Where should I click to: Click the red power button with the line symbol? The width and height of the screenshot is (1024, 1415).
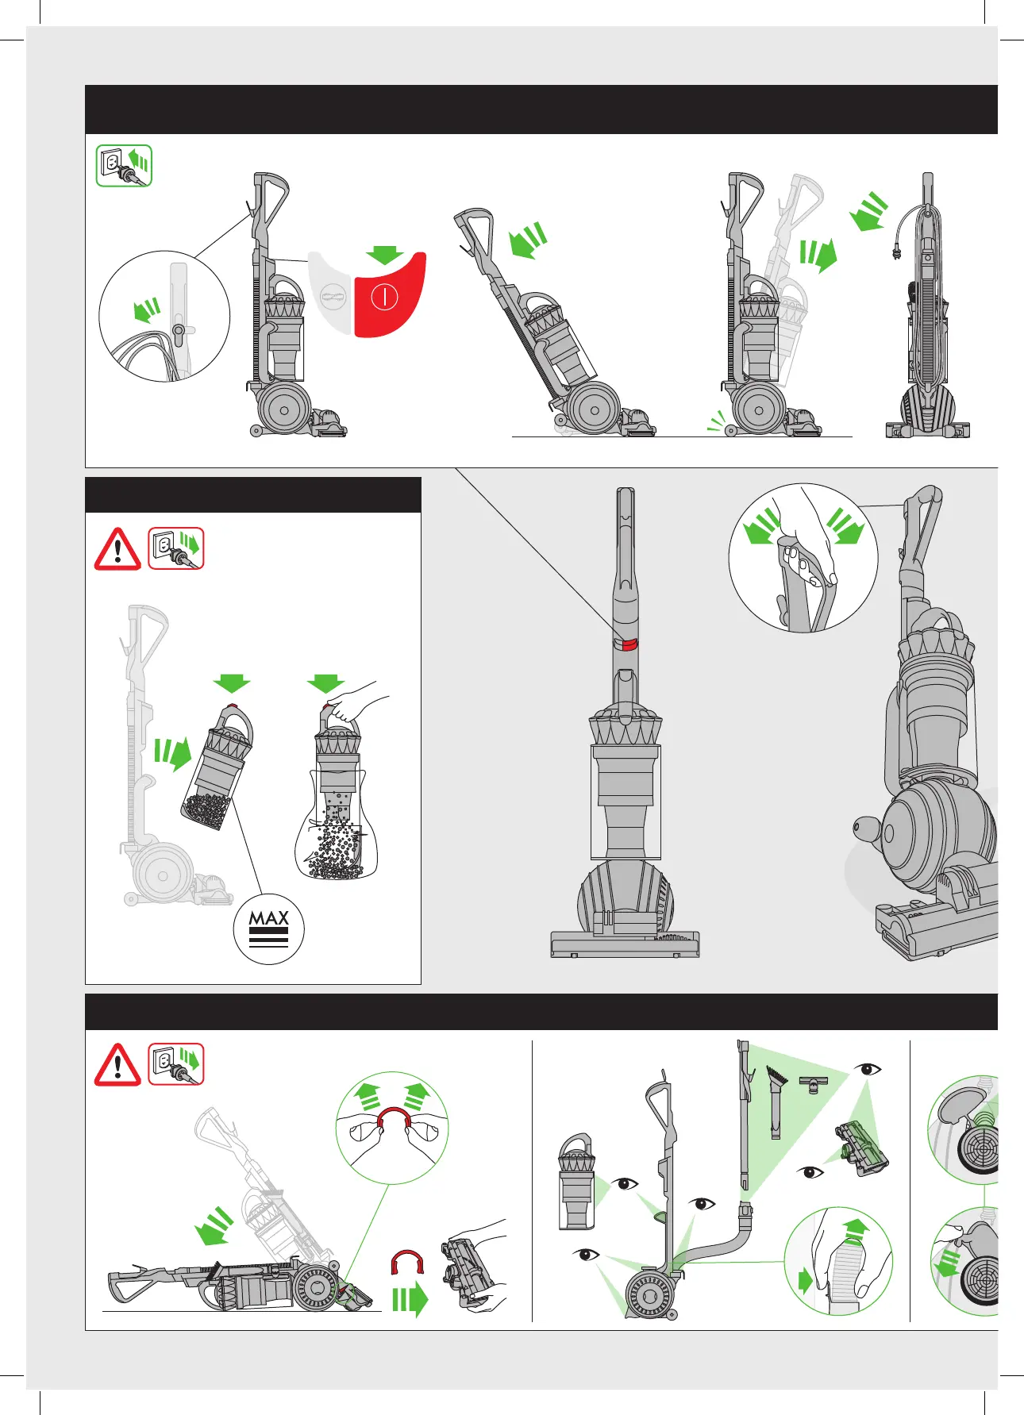389,295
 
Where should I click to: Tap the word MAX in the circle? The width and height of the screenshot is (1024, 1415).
269,918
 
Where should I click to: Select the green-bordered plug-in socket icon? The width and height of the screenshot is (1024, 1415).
125,166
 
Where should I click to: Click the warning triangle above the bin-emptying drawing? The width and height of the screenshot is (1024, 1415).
117,549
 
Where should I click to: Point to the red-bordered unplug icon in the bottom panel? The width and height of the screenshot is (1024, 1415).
176,1064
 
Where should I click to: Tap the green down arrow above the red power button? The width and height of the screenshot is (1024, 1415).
385,254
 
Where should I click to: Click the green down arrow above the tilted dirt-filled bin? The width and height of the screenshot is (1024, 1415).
232,683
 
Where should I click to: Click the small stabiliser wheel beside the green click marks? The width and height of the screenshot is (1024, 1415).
728,432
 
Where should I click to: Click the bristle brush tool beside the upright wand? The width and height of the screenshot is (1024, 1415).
775,1103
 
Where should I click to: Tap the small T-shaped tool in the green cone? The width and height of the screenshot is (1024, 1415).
814,1082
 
